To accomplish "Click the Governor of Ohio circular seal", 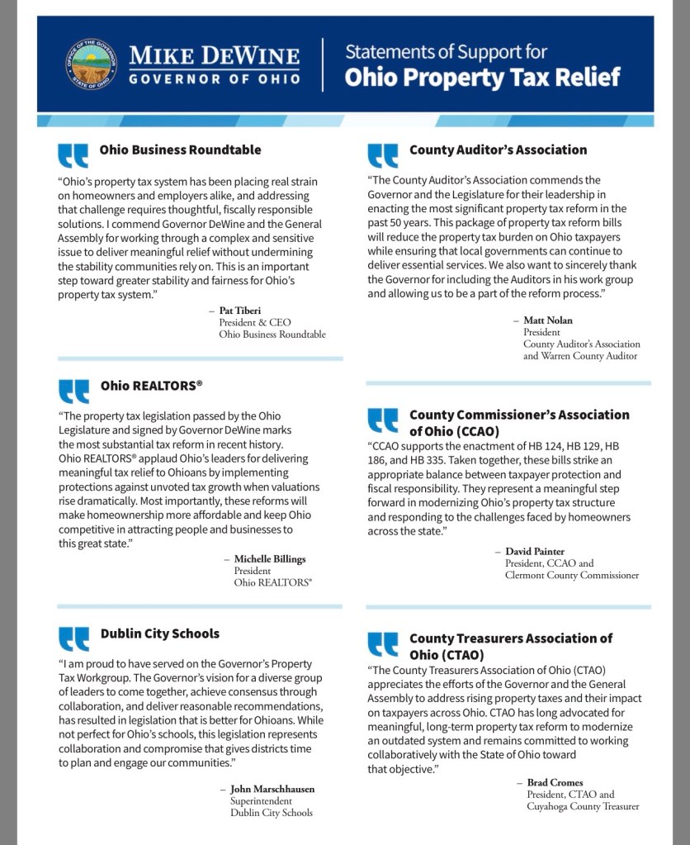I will click(92, 64).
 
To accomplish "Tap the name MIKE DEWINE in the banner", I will click(214, 56).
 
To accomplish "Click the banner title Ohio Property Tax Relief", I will click(482, 78).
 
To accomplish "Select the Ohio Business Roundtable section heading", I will click(180, 150).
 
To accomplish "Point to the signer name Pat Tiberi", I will click(240, 311).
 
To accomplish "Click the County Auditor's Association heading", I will click(498, 150).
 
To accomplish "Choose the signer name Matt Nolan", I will click(547, 320).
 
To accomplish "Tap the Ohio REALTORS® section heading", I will click(151, 386).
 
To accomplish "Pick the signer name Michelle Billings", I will click(269, 559).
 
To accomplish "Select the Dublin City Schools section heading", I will click(160, 634).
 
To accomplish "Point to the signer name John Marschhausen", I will click(272, 789).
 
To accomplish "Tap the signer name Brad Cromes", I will click(555, 782).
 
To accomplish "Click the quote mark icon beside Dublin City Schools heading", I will click(73, 639).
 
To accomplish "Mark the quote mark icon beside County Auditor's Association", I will click(382, 155).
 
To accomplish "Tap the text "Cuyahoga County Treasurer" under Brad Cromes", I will click(583, 806).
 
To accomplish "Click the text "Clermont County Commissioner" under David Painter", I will click(571, 575).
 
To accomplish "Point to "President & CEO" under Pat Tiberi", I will click(255, 322).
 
